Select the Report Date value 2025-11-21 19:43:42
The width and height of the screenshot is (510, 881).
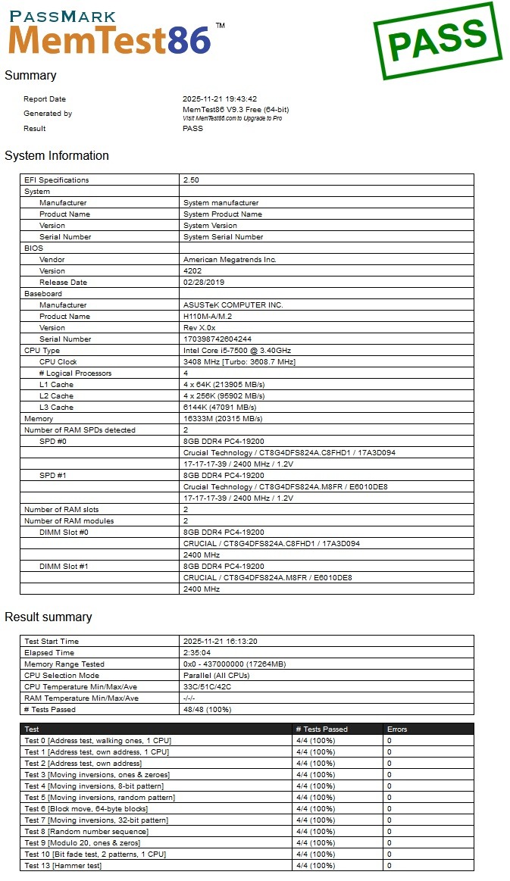tap(220, 99)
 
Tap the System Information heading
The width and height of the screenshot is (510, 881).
tap(57, 156)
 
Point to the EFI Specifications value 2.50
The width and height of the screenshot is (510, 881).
tap(191, 180)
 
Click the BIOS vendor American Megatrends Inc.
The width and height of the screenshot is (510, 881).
tap(230, 260)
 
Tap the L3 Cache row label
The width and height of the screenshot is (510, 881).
tap(56, 408)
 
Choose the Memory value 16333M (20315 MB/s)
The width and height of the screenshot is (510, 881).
tap(224, 419)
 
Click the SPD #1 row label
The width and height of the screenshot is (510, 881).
tap(53, 476)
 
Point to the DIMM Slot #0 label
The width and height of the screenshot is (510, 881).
tap(64, 533)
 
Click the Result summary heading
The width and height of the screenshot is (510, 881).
tap(48, 617)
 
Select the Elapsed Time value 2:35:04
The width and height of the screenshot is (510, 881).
tap(198, 653)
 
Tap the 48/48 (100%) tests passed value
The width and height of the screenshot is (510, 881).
tap(207, 710)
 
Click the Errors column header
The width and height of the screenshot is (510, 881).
tap(397, 729)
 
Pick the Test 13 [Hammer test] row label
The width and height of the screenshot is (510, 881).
tap(63, 866)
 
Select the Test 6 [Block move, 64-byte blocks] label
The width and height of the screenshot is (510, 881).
tap(86, 809)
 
